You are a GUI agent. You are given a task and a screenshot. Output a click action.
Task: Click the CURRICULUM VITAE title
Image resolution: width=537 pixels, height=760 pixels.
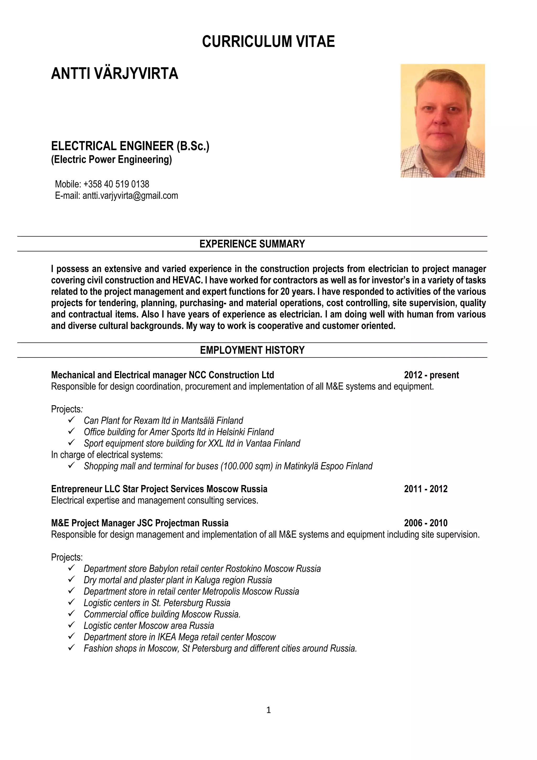click(x=268, y=42)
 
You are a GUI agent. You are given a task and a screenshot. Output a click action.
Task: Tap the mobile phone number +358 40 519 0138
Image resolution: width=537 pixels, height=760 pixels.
click(x=116, y=184)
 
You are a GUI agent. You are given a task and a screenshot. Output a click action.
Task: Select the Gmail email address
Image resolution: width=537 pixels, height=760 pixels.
click(x=130, y=196)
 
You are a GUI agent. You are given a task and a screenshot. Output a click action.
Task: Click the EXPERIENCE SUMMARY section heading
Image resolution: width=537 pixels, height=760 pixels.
click(x=252, y=244)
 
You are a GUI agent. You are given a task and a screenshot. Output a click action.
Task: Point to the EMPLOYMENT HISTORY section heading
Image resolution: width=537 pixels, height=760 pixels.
click(x=252, y=350)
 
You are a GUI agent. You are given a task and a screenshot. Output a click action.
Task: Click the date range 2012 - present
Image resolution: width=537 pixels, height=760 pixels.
click(x=431, y=375)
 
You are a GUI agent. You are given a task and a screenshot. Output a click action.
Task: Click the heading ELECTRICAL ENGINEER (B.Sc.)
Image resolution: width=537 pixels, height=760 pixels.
click(x=130, y=146)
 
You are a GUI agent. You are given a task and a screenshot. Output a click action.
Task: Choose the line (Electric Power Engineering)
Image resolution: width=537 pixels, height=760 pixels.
click(x=111, y=159)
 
